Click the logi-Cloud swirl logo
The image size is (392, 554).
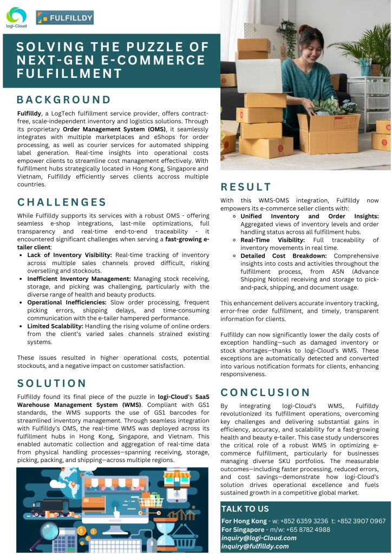pos(17,14)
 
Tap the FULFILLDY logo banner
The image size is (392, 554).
pos(64,17)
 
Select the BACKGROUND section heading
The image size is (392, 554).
pos(63,100)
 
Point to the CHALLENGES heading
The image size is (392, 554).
pos(62,202)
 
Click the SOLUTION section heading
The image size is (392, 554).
pos(52,383)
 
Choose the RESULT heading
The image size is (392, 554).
pos(246,187)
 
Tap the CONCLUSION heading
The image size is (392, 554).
pos(265,392)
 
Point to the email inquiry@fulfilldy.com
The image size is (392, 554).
pos(255,546)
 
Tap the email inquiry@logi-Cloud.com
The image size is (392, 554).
pos(259,538)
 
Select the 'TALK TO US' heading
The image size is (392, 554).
pos(245,509)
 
